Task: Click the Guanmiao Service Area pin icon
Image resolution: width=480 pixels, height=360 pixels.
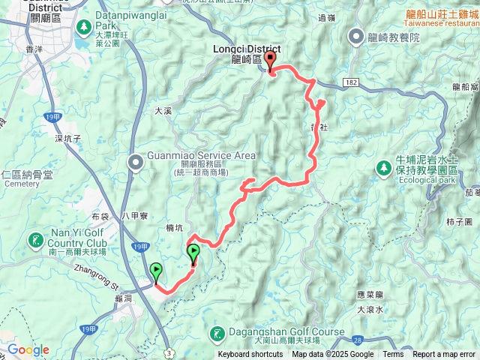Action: coord(135,161)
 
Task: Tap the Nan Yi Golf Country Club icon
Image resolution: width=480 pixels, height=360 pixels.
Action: coord(34,241)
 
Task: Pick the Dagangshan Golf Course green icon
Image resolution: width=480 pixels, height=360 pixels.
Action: coord(217,333)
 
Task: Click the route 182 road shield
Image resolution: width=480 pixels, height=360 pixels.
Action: coord(352,79)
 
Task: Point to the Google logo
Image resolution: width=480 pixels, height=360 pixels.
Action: coord(28,350)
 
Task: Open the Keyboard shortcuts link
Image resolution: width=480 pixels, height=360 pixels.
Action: coord(250,355)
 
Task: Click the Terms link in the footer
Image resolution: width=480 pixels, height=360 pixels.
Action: coord(393,355)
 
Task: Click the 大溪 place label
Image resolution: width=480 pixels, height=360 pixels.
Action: coord(163,110)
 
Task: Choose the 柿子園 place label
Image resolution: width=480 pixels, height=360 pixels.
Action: coord(457,223)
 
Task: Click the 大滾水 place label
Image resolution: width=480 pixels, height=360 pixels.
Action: coord(370,309)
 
